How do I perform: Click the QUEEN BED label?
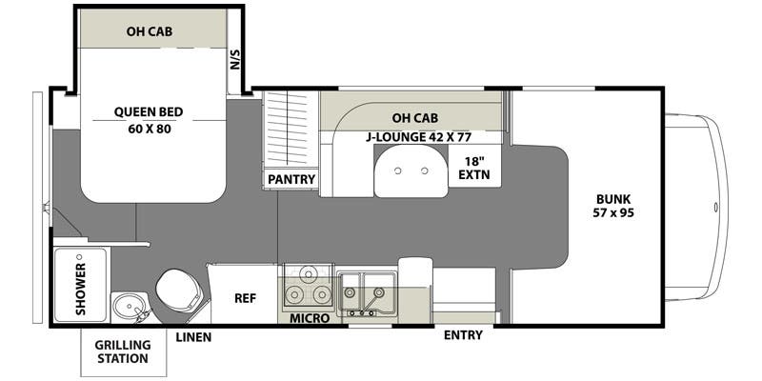click(x=148, y=111)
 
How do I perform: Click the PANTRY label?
click(x=291, y=178)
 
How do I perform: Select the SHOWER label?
click(x=80, y=285)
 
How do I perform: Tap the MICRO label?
click(x=311, y=317)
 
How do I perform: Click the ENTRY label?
click(x=463, y=335)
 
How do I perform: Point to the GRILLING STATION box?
click(x=122, y=351)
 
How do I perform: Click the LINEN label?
click(x=193, y=337)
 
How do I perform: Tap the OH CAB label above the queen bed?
click(x=148, y=30)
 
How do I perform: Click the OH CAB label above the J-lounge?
click(x=414, y=118)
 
